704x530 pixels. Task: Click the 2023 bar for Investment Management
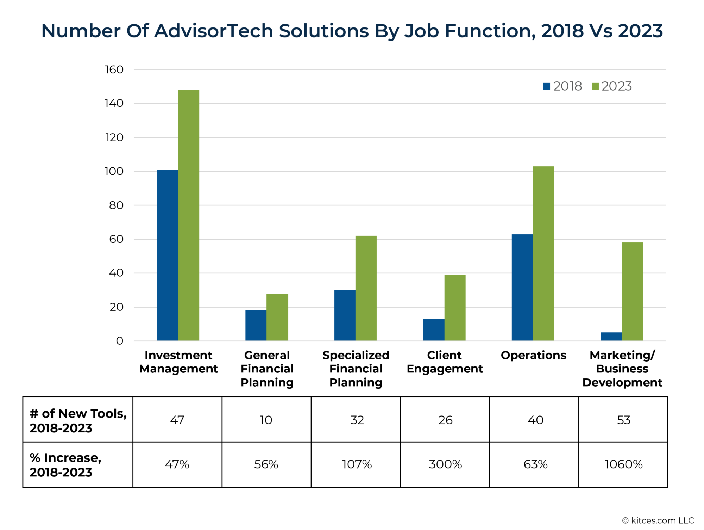coord(188,215)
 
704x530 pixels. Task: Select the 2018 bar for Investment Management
coord(167,255)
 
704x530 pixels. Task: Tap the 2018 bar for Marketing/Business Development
coord(611,337)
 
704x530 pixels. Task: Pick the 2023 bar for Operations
coord(543,253)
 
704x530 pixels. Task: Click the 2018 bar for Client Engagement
coord(433,329)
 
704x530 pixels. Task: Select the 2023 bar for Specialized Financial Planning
coord(366,288)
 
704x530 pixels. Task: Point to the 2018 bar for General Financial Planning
coord(256,325)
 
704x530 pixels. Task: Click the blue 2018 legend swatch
coord(546,86)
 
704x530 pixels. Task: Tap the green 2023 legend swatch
coord(595,86)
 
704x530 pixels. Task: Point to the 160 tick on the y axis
coord(114,69)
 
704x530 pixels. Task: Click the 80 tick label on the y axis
coord(116,205)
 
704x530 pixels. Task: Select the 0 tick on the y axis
coord(120,341)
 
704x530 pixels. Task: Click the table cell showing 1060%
coord(623,464)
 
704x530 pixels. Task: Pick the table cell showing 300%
coord(445,464)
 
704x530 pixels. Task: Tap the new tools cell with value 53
coord(623,420)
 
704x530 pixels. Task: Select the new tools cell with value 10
coord(266,420)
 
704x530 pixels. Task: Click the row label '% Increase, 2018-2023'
coord(65,465)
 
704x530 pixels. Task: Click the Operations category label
coord(533,355)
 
